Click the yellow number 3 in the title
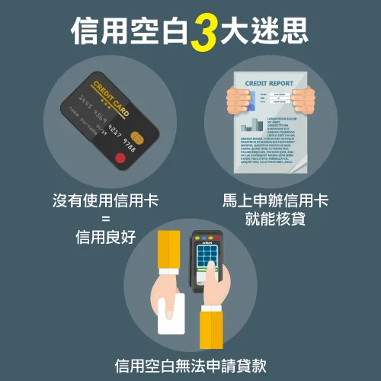(x=203, y=32)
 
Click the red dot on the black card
(x=119, y=158)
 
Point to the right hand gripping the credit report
(x=304, y=98)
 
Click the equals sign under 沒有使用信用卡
(x=105, y=219)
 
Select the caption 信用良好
(x=105, y=237)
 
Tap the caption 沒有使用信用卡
(x=105, y=201)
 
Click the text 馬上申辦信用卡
(x=275, y=201)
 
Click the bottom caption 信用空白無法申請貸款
(x=190, y=364)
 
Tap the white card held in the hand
(x=171, y=314)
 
